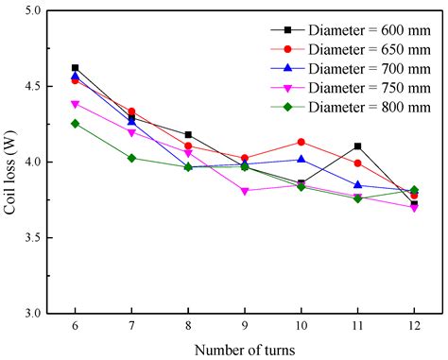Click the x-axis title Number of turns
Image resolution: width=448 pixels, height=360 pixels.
pos(245,349)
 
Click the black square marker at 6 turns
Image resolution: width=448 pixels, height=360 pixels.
pos(76,68)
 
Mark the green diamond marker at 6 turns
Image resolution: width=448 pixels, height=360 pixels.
pos(76,124)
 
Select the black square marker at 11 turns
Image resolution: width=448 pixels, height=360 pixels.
pos(357,146)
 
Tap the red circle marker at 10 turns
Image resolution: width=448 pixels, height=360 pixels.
pos(302,142)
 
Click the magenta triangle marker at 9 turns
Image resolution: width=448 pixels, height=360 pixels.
pos(245,191)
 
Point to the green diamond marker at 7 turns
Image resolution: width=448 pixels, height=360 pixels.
pos(132,158)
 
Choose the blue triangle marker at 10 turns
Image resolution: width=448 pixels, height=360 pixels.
pos(302,159)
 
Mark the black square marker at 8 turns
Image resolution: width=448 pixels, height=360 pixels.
pos(188,135)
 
